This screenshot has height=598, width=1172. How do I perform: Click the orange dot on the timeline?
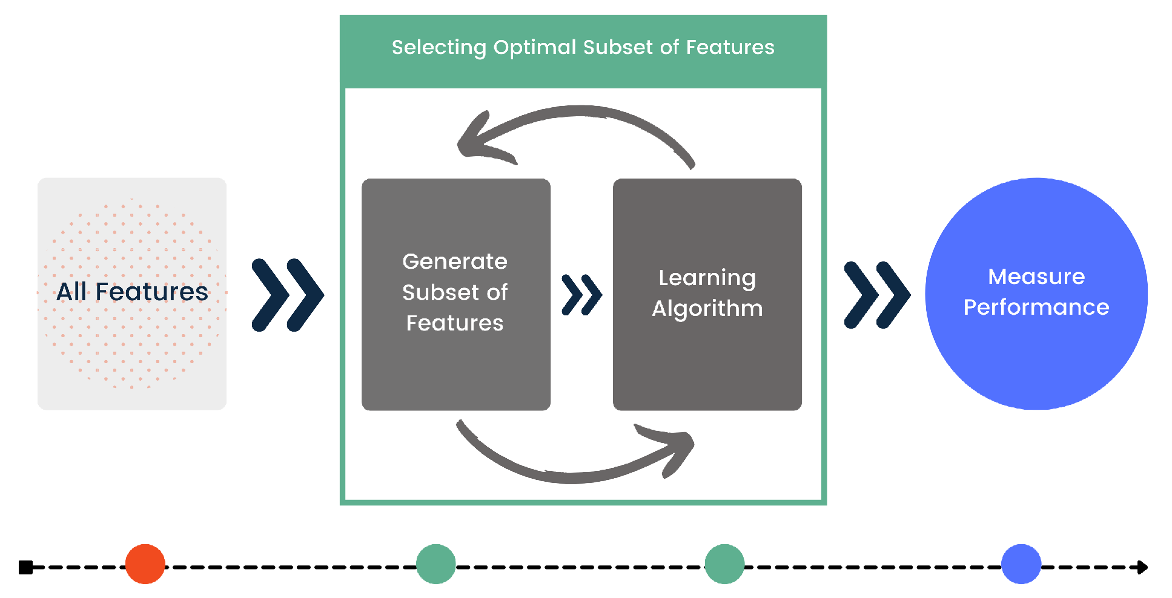145,564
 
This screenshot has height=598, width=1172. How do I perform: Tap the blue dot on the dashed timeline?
1021,564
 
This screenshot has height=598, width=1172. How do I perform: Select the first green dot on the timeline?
436,564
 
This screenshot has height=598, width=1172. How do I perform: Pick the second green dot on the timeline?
724,564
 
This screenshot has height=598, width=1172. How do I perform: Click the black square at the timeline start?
25,567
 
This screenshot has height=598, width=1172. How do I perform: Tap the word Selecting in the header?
439,47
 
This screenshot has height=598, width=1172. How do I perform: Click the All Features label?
132,292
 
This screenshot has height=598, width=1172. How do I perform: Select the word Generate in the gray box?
455,261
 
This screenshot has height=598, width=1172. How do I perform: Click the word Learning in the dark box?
707,278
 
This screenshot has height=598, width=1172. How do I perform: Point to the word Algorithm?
707,309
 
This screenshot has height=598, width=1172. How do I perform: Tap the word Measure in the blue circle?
1036,277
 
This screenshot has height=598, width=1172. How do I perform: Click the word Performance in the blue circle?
1036,307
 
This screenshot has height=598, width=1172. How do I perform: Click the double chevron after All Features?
288,295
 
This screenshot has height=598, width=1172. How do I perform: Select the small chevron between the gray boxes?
581,295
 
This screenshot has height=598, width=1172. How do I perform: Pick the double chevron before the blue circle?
876,295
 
